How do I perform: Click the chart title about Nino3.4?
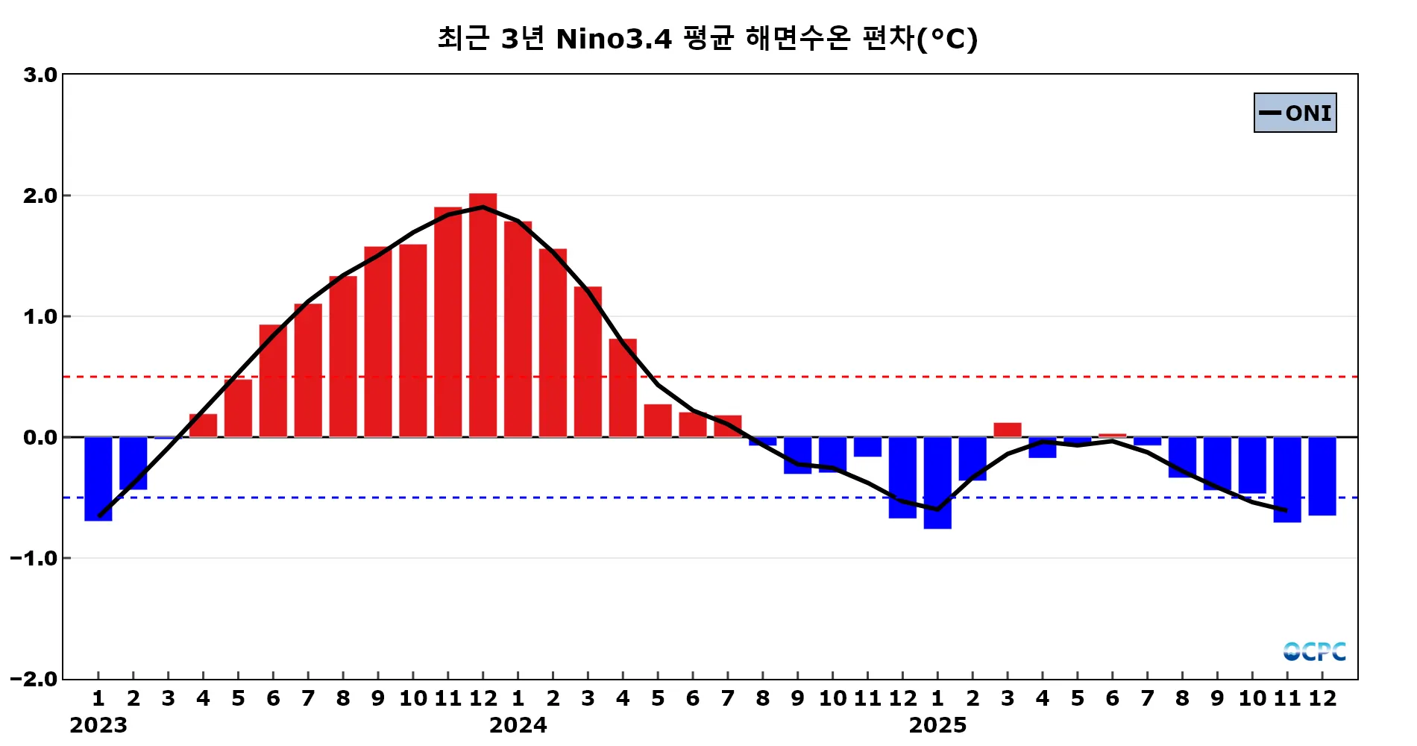[707, 39]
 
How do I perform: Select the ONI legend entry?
[1295, 113]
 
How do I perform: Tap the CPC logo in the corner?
[1314, 651]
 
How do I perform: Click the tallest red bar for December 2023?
[483, 315]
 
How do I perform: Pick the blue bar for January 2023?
[98, 478]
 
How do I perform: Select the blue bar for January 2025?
[937, 483]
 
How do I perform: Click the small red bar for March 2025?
[1007, 430]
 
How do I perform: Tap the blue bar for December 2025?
[1322, 476]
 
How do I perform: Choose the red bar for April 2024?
[623, 388]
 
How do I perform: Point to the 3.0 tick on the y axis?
[40, 75]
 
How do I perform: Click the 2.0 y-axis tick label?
[40, 195]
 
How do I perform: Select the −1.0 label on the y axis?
[34, 558]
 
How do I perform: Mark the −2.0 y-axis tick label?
[34, 679]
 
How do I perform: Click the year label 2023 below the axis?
[98, 725]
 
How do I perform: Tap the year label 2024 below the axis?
[518, 725]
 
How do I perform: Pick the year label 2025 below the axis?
[937, 725]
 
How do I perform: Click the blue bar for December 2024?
[902, 477]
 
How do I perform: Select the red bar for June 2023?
[273, 380]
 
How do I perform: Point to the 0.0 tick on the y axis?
[40, 437]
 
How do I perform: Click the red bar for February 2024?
[553, 343]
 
